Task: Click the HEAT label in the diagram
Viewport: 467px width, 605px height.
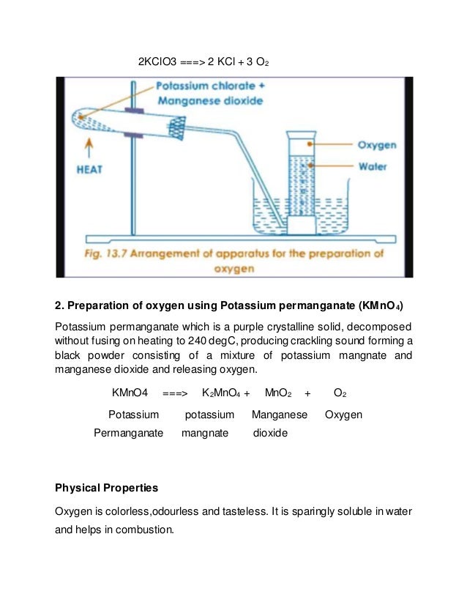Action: point(89,168)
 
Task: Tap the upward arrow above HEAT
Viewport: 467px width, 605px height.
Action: point(89,149)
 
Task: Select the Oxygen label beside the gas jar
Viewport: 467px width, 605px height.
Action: point(376,145)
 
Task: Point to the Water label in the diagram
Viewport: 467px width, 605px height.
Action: point(372,166)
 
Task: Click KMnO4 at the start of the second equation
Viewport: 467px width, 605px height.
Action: point(130,393)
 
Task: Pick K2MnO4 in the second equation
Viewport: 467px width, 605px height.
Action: point(220,393)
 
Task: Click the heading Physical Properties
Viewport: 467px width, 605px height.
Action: point(107,487)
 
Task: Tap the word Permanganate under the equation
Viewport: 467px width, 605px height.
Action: point(128,433)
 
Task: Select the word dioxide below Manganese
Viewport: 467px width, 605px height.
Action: point(270,433)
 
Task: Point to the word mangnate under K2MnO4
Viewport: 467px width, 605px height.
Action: point(210,433)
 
